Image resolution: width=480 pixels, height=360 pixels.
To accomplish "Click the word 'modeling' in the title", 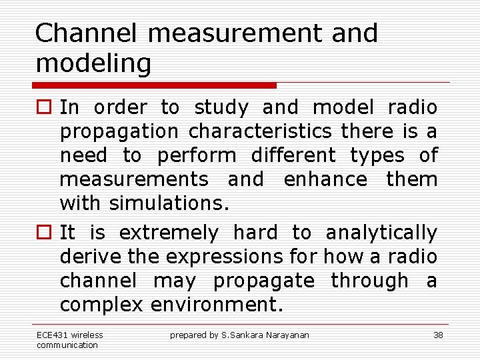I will [93, 64].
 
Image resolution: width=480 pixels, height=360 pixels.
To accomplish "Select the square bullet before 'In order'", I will [43, 108].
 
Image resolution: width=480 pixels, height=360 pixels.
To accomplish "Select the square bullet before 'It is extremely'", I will [43, 233].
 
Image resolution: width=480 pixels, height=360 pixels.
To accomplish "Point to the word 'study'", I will [221, 107].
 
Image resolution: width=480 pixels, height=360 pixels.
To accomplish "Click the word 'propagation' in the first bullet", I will [119, 131].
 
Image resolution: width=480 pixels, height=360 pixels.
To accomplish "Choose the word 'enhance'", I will [325, 179].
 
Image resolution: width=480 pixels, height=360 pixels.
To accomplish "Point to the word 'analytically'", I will [381, 233].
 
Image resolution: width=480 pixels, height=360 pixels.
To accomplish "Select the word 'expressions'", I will [226, 257].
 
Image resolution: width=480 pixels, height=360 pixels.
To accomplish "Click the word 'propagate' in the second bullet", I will [263, 281].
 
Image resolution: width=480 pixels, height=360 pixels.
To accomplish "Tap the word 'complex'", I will [101, 305].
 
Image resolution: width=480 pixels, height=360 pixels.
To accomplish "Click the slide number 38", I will [438, 335].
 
